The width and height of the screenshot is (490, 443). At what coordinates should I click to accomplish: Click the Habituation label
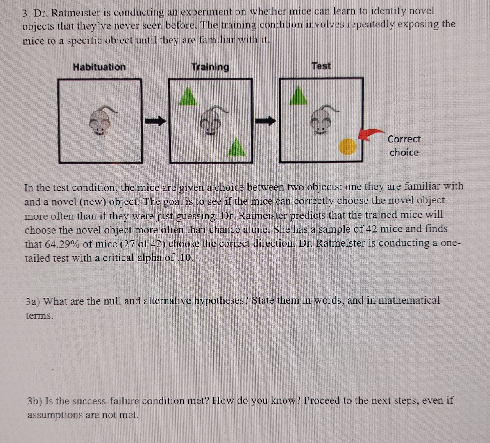pos(99,67)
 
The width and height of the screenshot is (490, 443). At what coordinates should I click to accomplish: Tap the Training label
pos(210,66)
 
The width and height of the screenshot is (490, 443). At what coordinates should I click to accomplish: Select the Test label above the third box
pos(321,66)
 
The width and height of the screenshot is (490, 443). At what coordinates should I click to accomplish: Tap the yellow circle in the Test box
pos(348,147)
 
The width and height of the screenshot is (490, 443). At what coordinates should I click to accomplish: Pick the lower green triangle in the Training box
pos(236,147)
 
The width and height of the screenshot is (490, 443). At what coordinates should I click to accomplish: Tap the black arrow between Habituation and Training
pos(156,121)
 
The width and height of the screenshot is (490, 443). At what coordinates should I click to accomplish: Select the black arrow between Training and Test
pos(266,121)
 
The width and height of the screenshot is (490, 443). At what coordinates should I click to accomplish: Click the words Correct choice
pos(404,146)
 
